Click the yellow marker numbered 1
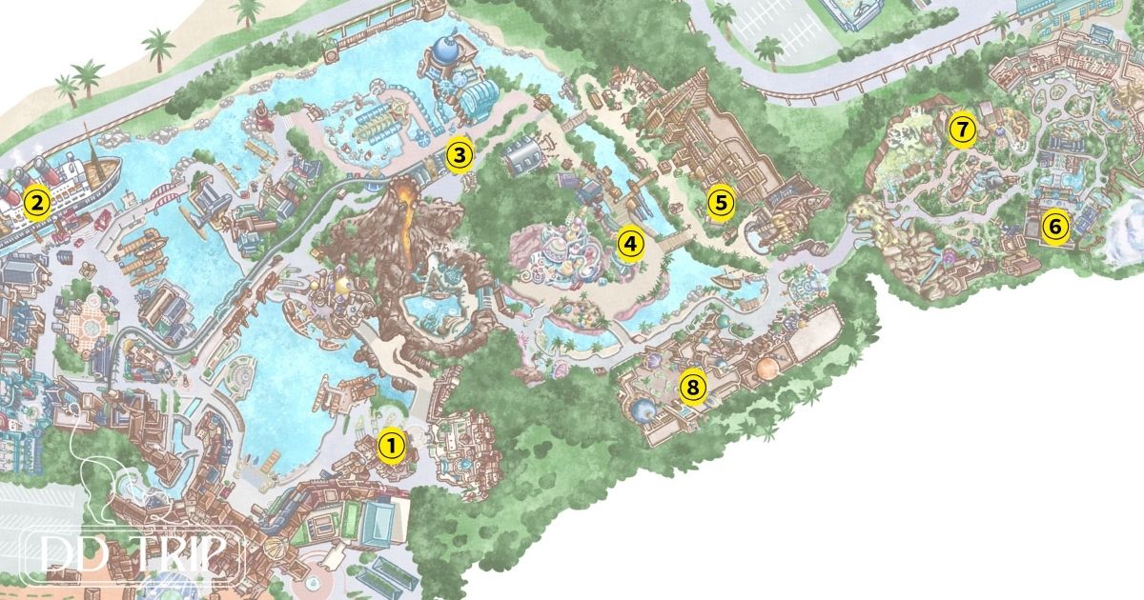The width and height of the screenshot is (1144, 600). click(391, 445)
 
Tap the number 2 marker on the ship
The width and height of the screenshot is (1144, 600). click(36, 202)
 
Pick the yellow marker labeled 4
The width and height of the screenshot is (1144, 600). click(629, 244)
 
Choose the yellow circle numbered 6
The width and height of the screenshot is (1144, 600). click(1053, 227)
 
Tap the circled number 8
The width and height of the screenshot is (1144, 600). click(693, 387)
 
